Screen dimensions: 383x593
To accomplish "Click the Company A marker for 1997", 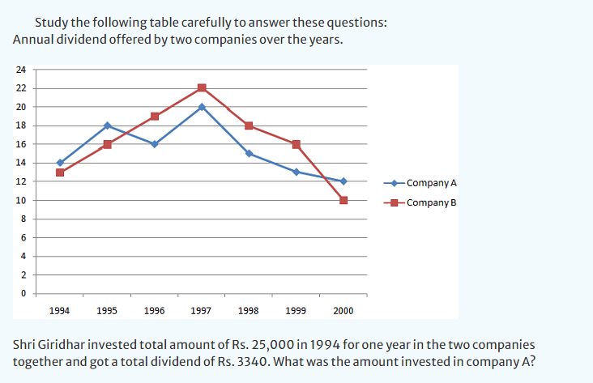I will (x=202, y=107).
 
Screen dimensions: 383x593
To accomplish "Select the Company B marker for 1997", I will (x=202, y=88).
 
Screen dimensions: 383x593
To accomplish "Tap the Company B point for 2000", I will (x=343, y=200).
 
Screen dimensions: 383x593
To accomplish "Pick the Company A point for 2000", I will (x=343, y=181).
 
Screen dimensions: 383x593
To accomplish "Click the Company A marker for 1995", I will (x=107, y=126).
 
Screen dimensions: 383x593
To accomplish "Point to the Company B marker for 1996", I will (x=154, y=116).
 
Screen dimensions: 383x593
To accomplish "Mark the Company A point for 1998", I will (x=249, y=153).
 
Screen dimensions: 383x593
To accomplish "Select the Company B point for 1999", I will (x=296, y=144).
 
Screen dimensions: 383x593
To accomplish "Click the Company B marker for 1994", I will (x=60, y=172).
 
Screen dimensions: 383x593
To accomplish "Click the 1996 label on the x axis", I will (x=154, y=310).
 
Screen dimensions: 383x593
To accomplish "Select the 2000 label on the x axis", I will (x=343, y=310).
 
